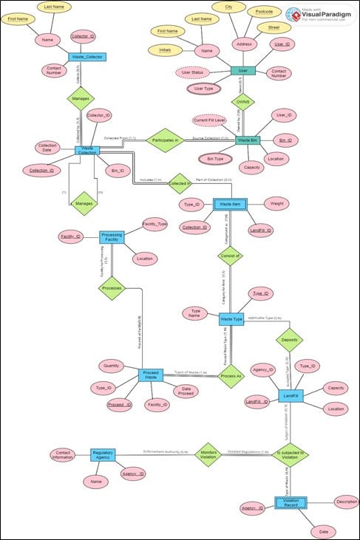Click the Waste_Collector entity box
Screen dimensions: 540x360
pyautogui.click(x=88, y=56)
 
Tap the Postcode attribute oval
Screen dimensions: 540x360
pyautogui.click(x=265, y=12)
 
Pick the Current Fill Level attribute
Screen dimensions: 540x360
pyautogui.click(x=209, y=120)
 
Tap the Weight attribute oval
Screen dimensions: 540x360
pyautogui.click(x=276, y=203)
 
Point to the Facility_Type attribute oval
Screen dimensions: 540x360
pyautogui.click(x=155, y=223)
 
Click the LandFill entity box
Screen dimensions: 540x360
pyautogui.click(x=291, y=397)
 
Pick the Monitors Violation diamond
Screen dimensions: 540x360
pyautogui.click(x=208, y=455)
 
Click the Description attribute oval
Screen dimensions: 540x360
pyautogui.click(x=347, y=502)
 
